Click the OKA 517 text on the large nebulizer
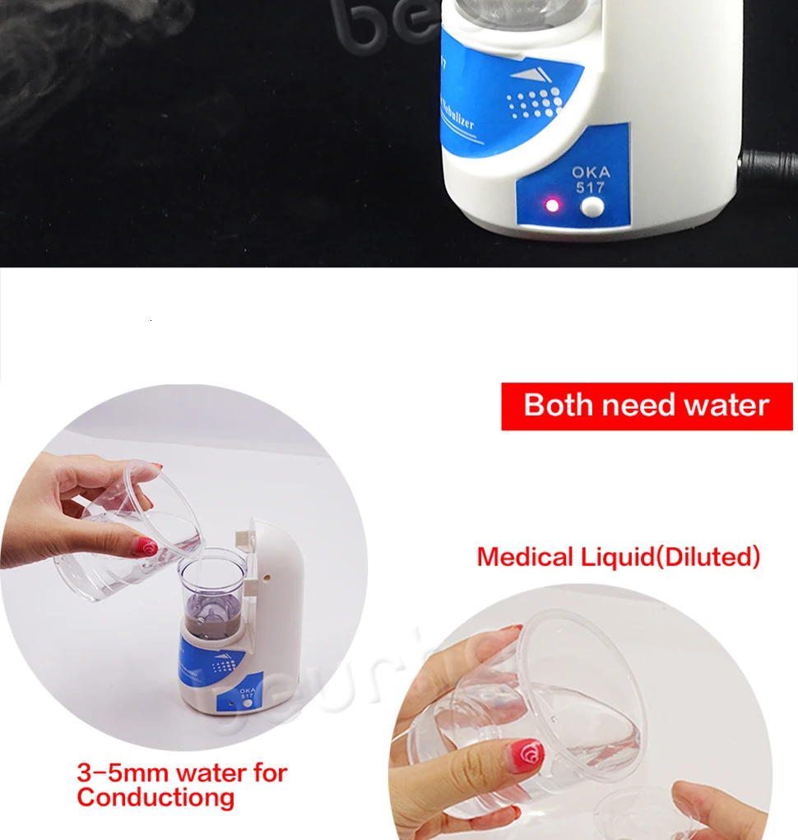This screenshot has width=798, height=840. click(x=591, y=179)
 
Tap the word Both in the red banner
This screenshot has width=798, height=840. click(x=557, y=406)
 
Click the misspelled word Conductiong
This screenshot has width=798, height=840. click(x=155, y=797)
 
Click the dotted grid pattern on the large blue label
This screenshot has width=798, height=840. click(x=534, y=105)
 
